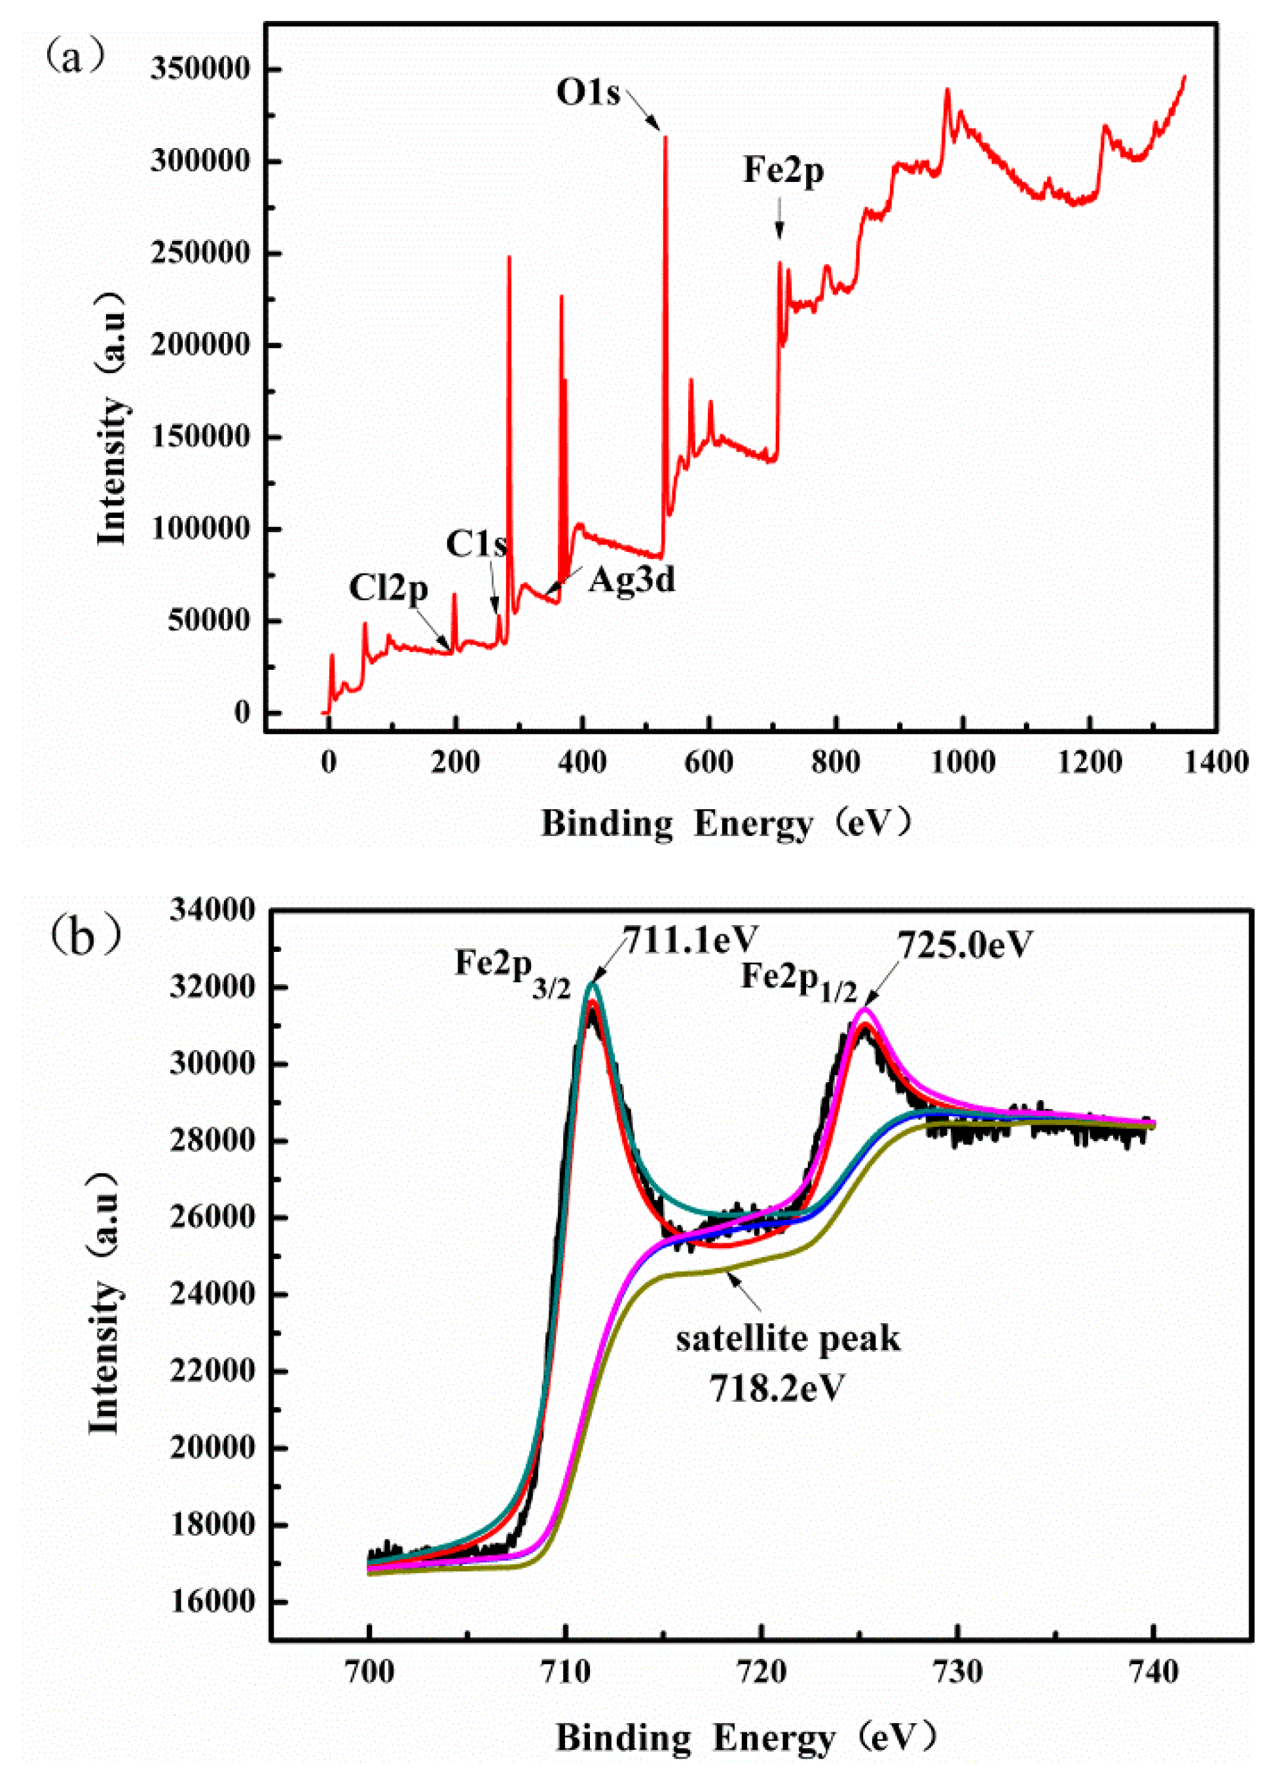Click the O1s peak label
588,93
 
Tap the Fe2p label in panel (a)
783,170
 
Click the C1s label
476,544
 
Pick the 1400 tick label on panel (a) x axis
1215,762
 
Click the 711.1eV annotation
690,938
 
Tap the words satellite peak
787,1339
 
